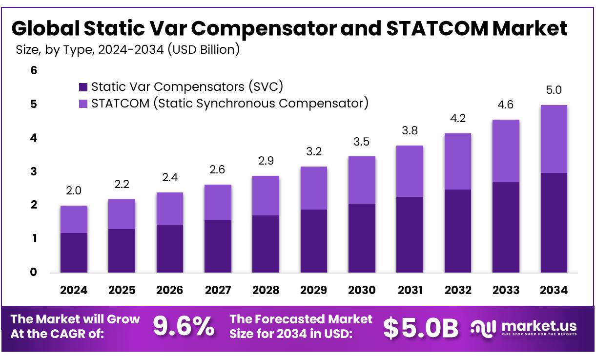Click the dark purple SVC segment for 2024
tap(74, 253)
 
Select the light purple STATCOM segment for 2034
tap(554, 139)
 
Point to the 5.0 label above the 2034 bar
tap(554, 90)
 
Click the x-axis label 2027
tap(218, 290)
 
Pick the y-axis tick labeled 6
tap(34, 70)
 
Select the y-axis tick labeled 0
tap(34, 272)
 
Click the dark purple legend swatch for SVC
tap(83, 87)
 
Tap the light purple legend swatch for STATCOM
tap(83, 104)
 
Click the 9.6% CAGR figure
tap(184, 327)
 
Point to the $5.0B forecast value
tap(420, 328)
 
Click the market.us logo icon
tap(483, 327)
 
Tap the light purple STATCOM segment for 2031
tap(410, 171)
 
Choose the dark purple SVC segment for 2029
tap(313, 241)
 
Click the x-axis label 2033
tap(506, 290)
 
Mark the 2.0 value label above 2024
tap(74, 191)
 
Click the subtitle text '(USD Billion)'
tap(203, 50)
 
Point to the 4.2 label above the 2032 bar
tap(457, 118)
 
